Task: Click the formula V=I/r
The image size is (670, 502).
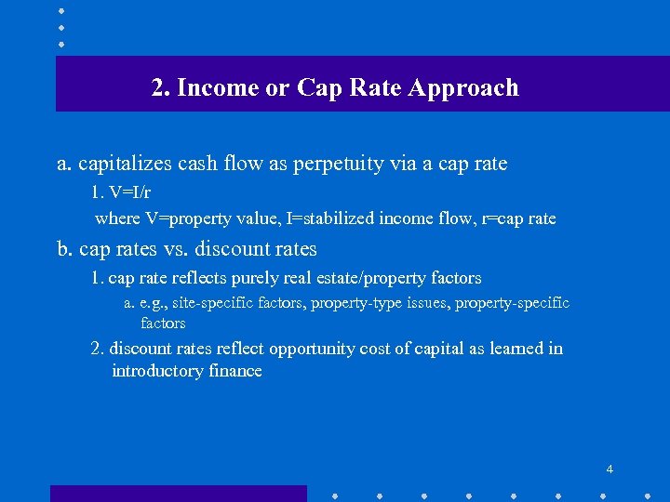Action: [129, 193]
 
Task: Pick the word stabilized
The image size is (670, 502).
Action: [335, 219]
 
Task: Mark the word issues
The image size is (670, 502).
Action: [426, 303]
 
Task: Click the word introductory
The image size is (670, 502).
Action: [159, 371]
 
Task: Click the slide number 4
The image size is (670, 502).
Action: [610, 469]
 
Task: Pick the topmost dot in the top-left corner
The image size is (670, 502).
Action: [60, 11]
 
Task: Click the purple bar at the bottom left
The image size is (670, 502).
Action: [178, 494]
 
